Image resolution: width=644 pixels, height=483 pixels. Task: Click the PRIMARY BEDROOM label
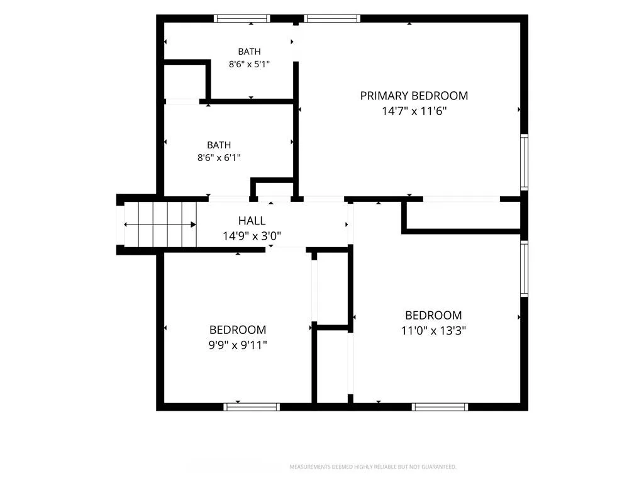(414, 96)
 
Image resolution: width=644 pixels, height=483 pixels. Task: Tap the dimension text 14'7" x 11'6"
(414, 111)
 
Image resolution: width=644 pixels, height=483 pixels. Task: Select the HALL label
(252, 221)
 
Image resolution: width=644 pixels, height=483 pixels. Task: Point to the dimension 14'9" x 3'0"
(252, 236)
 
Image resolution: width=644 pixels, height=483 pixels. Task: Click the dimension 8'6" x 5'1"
(249, 64)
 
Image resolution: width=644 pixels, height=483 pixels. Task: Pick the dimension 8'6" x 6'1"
(219, 157)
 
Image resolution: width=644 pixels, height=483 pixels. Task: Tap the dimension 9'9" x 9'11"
(238, 345)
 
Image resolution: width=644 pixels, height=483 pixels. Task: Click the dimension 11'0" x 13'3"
(433, 331)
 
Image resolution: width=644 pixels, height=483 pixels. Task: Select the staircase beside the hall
(160, 225)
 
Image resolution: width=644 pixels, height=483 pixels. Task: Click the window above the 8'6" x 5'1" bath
(242, 18)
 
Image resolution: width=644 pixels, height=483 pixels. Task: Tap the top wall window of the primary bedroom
(332, 18)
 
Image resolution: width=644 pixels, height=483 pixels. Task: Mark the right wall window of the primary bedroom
(524, 162)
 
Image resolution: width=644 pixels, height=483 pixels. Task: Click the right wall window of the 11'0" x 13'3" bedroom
(524, 268)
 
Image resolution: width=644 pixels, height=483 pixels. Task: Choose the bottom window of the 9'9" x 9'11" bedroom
(252, 407)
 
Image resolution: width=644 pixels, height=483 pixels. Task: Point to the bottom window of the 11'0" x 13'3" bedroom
(440, 407)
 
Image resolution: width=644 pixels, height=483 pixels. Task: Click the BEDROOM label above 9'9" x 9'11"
(238, 330)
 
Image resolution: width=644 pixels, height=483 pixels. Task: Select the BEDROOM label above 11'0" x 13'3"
(433, 316)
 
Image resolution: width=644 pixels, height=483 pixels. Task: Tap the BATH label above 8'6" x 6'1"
(219, 145)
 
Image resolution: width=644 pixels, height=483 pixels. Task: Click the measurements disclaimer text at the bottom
(373, 467)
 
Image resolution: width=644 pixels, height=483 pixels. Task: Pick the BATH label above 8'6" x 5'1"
(249, 52)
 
